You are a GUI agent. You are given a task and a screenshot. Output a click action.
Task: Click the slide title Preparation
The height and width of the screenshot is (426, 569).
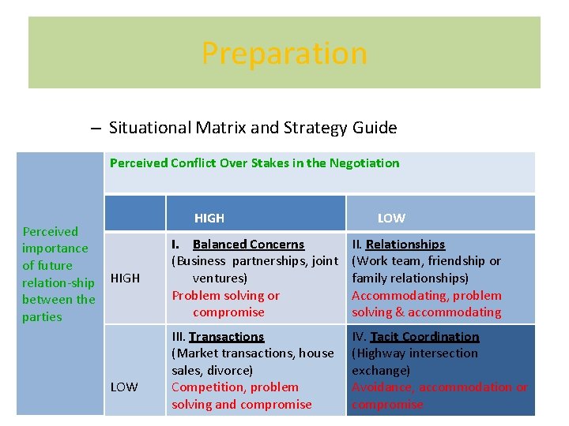[x=284, y=53]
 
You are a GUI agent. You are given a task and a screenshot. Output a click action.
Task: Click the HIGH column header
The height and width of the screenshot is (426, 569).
[x=209, y=218]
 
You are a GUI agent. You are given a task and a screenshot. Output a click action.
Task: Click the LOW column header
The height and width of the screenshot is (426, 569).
[x=391, y=218]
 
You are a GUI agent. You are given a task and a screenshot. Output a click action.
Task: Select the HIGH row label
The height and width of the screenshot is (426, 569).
[x=125, y=278]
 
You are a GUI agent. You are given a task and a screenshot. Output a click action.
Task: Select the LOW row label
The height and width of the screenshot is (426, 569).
[x=124, y=387]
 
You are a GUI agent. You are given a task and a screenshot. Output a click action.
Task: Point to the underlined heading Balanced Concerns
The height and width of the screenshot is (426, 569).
[x=248, y=245]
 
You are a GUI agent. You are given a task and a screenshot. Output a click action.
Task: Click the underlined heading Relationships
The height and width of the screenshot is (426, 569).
[x=405, y=245]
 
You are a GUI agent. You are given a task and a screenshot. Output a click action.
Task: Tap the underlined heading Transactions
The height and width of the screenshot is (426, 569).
[x=226, y=337]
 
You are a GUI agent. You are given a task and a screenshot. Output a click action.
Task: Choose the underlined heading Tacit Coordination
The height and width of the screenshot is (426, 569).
[x=424, y=337]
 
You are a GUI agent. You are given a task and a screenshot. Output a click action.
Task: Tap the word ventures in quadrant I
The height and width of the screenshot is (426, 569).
[x=218, y=278]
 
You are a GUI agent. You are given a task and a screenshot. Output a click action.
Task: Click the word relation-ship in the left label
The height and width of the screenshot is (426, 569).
[x=58, y=282]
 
